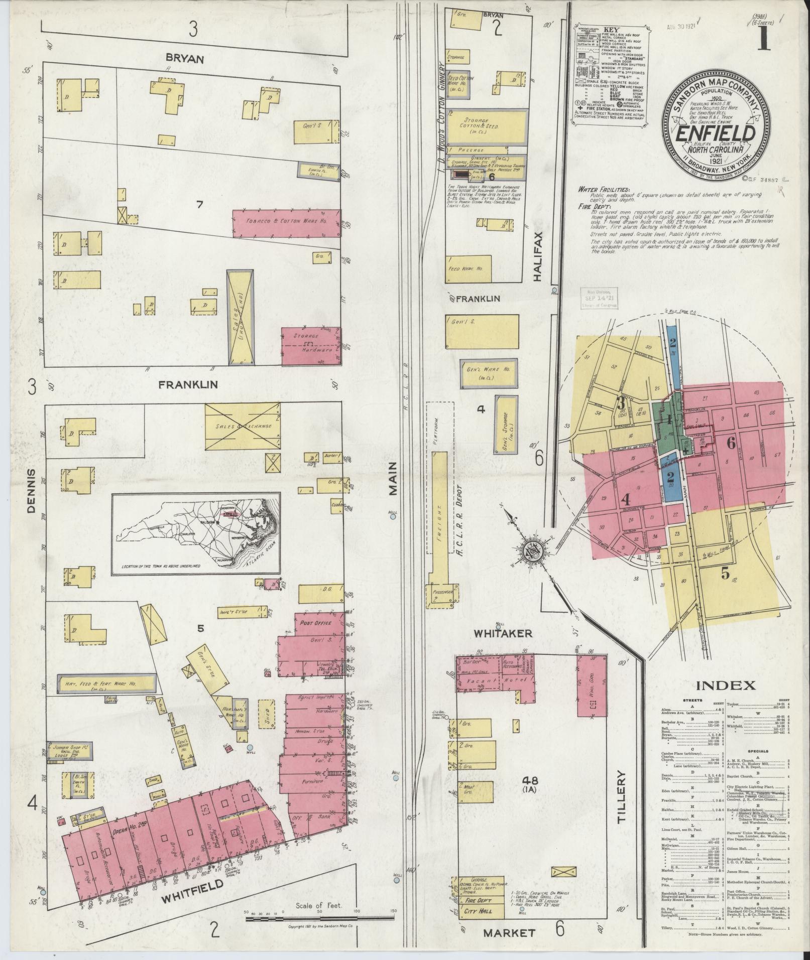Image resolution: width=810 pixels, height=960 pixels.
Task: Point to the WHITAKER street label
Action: point(503,634)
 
